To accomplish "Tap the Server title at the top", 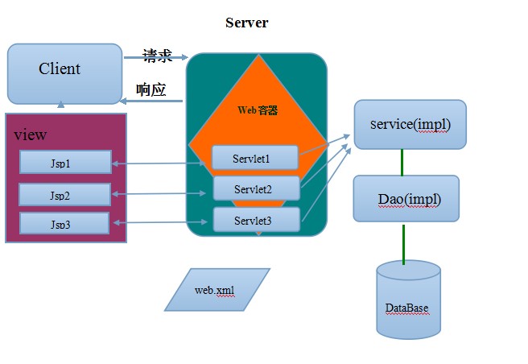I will click(246, 23).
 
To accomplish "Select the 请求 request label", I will click(158, 56).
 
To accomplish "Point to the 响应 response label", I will click(151, 89).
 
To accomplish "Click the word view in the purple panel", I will click(31, 134).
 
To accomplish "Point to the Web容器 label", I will click(258, 110).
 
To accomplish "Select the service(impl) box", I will click(410, 125).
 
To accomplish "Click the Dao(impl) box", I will click(406, 198).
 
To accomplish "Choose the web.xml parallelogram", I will click(217, 289).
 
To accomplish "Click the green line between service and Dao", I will click(402, 162).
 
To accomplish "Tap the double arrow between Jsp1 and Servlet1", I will click(161, 163).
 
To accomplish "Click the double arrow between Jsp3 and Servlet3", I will click(161, 223).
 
